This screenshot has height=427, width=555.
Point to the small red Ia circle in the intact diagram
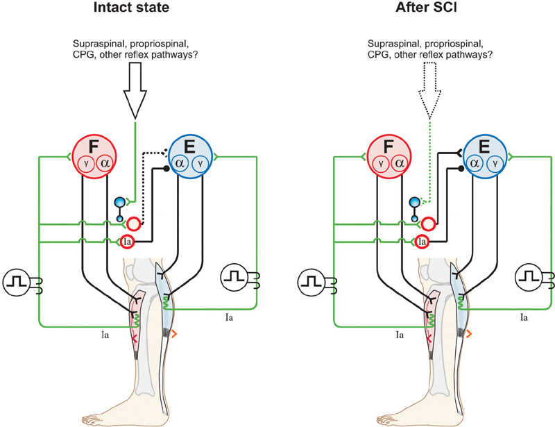click(127, 242)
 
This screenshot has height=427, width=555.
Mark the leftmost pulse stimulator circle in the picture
click(16, 282)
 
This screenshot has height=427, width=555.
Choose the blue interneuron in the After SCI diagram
click(415, 203)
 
